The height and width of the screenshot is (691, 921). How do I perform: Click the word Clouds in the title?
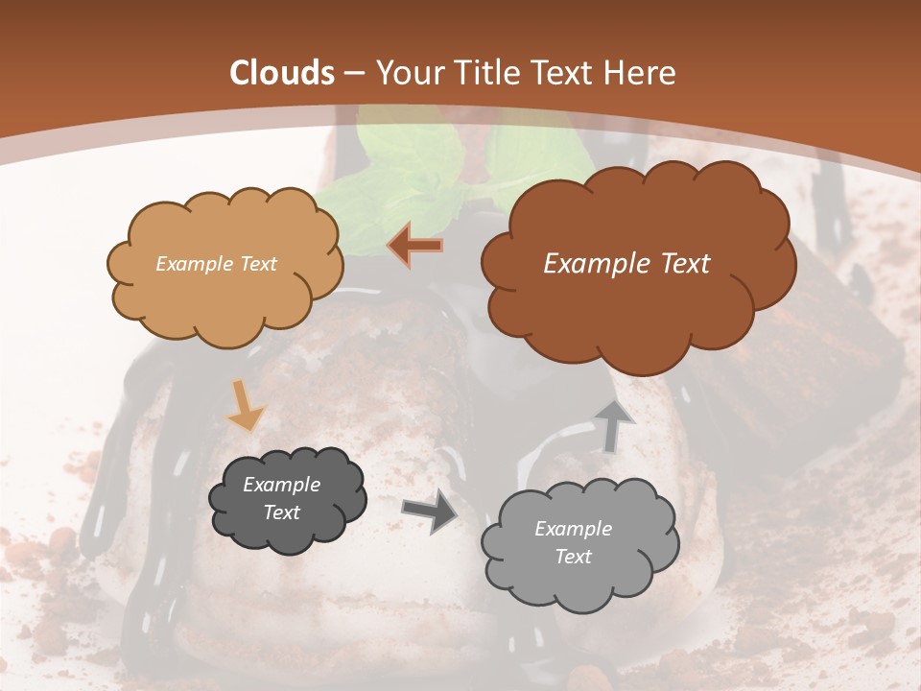[x=282, y=73]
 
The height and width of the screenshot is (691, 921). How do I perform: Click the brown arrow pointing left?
[x=415, y=246]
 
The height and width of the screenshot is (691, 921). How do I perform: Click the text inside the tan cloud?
[x=216, y=263]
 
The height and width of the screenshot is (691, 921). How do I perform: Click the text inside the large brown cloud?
[x=626, y=263]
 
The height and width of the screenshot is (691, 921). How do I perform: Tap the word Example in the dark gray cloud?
[x=281, y=485]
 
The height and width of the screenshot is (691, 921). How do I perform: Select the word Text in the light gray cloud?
[x=573, y=557]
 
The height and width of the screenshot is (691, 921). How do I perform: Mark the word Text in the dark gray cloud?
[x=281, y=512]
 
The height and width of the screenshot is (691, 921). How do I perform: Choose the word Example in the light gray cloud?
[x=573, y=529]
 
